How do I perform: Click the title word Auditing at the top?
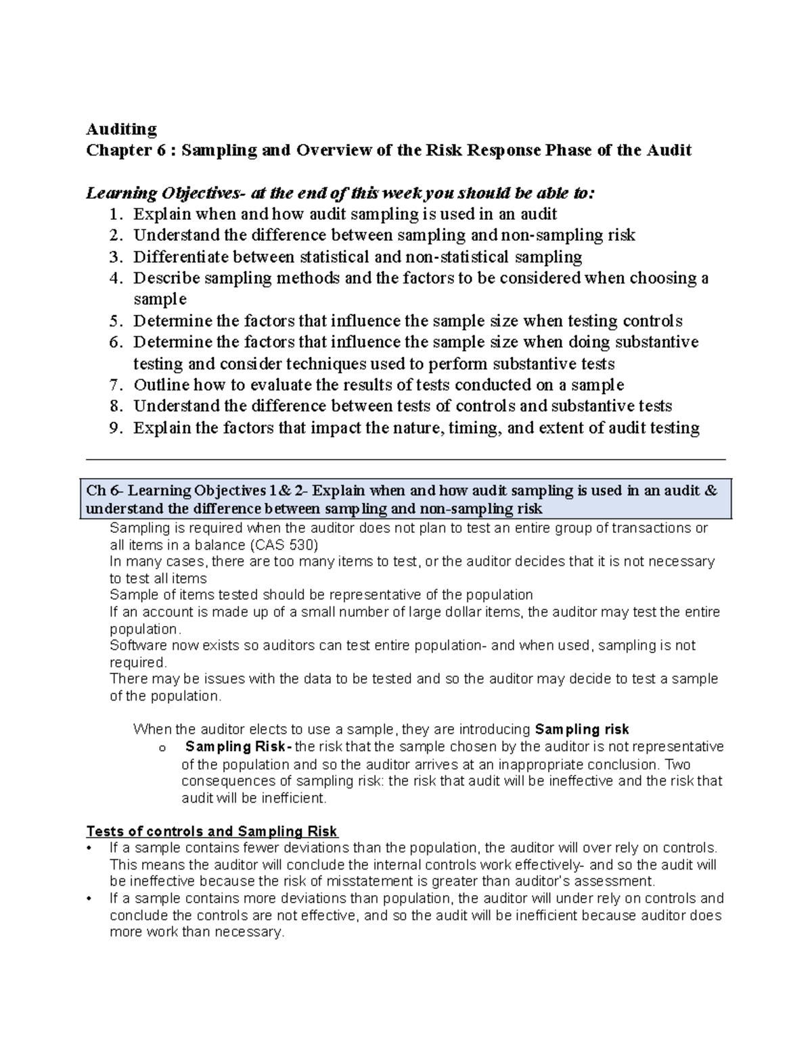pos(121,129)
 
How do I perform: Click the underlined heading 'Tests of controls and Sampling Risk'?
pos(212,832)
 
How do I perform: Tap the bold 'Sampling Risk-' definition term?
pos(238,747)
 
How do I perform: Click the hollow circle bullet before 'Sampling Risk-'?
pos(161,748)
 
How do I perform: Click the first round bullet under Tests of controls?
pos(89,849)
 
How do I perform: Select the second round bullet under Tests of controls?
pos(89,899)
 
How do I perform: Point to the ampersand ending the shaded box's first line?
pos(710,491)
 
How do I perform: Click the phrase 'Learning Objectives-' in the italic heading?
pos(166,193)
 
